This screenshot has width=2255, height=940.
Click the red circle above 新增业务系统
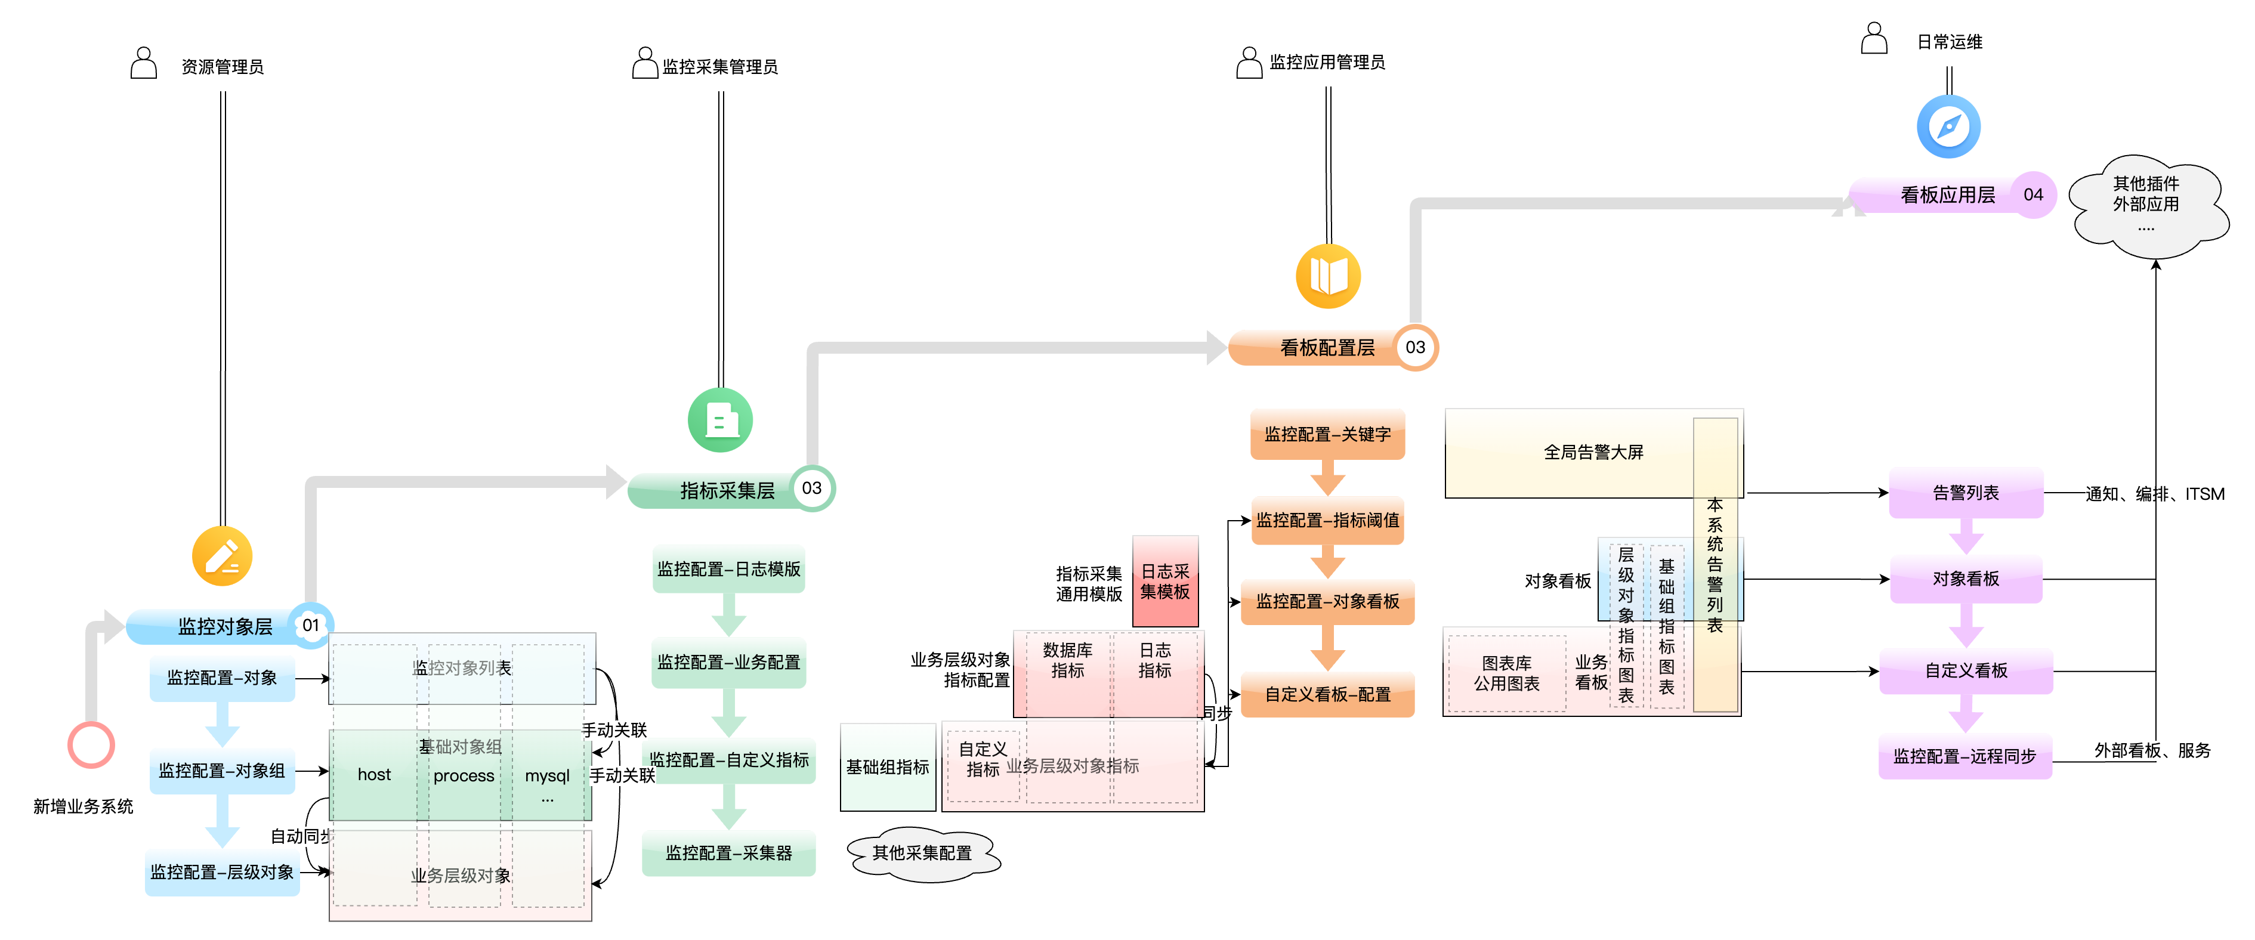[91, 745]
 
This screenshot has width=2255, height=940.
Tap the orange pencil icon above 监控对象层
[223, 556]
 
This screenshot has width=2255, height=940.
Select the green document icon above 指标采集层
[721, 420]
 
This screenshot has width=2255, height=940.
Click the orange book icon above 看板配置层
[1328, 277]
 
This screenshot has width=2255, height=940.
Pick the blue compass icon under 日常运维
[1948, 127]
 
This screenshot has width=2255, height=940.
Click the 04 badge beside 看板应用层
[2032, 194]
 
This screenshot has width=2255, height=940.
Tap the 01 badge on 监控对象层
[311, 625]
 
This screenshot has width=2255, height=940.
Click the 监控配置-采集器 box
[728, 852]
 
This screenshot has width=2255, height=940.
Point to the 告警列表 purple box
[1965, 493]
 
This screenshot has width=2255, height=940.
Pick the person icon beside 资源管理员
[144, 64]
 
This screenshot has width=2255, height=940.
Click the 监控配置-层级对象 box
[223, 872]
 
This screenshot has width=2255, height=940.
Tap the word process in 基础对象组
[464, 775]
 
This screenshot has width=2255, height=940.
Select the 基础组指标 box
[888, 766]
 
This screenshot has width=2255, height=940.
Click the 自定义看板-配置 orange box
[1327, 694]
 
